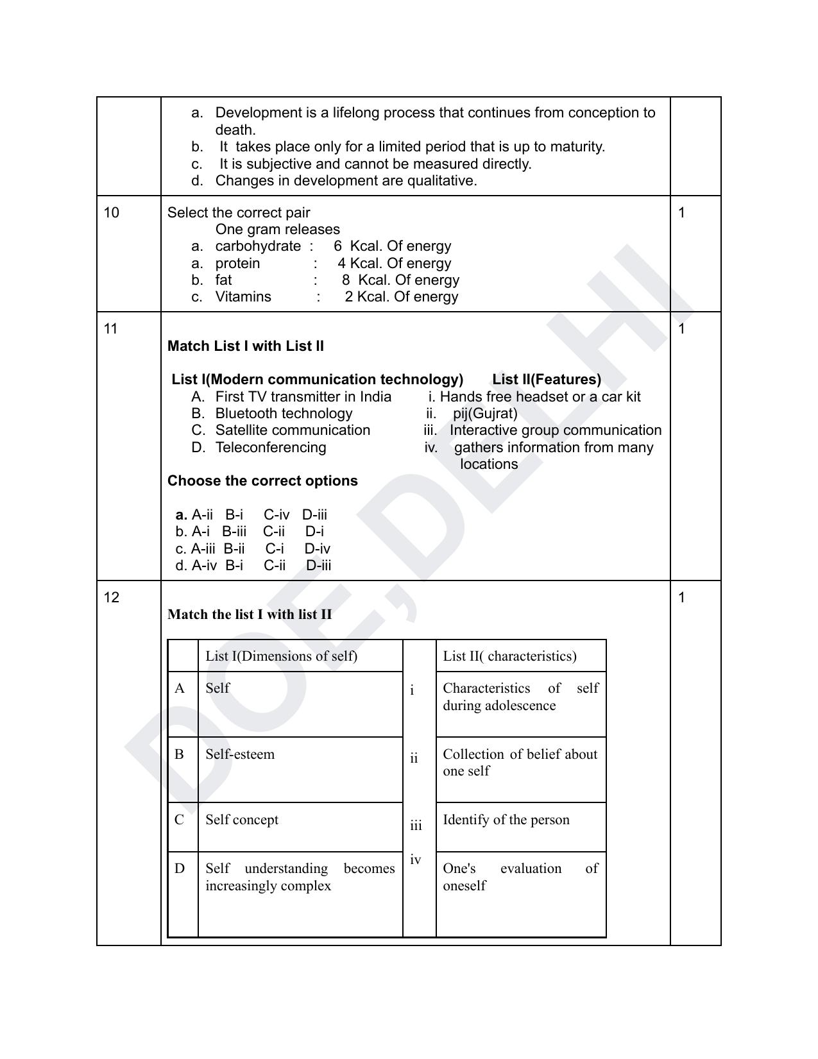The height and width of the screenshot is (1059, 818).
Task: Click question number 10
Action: pyautogui.click(x=112, y=213)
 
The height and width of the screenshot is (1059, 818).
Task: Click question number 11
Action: pyautogui.click(x=111, y=329)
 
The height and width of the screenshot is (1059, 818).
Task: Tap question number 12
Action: pyautogui.click(x=112, y=598)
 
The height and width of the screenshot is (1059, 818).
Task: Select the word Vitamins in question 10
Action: pyautogui.click(x=243, y=297)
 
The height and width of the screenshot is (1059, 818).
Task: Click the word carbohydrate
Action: pyautogui.click(x=258, y=246)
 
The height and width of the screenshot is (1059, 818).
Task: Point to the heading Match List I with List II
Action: pyautogui.click(x=246, y=346)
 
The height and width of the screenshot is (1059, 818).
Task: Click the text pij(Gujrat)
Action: pyautogui.click(x=485, y=414)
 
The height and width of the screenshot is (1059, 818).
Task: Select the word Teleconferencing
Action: pyautogui.click(x=271, y=448)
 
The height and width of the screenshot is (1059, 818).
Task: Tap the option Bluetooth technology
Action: pyautogui.click(x=284, y=414)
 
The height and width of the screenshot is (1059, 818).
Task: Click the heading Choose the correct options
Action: pyautogui.click(x=262, y=481)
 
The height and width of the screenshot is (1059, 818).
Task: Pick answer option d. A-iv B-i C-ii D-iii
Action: pyautogui.click(x=253, y=566)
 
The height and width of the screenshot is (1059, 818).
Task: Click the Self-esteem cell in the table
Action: pyautogui.click(x=240, y=754)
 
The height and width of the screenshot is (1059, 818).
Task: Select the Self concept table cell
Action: pyautogui.click(x=242, y=820)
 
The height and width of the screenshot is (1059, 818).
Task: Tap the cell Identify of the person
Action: pyautogui.click(x=506, y=820)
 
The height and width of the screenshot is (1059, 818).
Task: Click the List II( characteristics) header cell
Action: pyautogui.click(x=510, y=656)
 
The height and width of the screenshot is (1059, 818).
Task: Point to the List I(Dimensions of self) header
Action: pyautogui.click(x=282, y=656)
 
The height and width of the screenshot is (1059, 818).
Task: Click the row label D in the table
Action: pyautogui.click(x=180, y=868)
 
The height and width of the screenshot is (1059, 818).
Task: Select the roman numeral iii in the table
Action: pyautogui.click(x=416, y=826)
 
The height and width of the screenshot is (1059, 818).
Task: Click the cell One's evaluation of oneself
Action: pyautogui.click(x=520, y=877)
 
